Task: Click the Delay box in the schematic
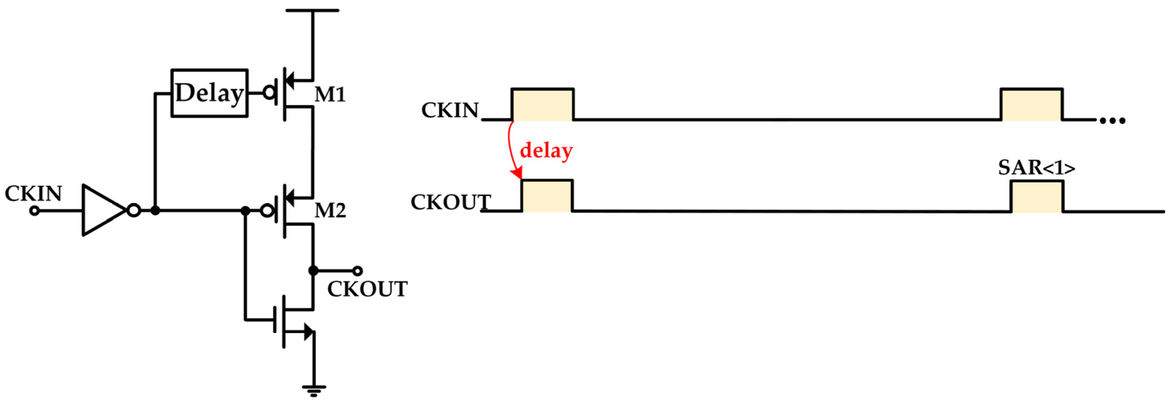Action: (209, 93)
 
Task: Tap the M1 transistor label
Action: (330, 95)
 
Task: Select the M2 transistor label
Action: (330, 210)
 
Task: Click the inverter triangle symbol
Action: (103, 210)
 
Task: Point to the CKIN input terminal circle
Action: (35, 211)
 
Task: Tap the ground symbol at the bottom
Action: (314, 390)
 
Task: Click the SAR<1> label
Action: (1037, 168)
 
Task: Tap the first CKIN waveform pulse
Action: (542, 104)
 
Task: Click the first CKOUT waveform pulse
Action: (547, 196)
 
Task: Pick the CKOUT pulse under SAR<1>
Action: (1037, 197)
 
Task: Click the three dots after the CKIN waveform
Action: (1112, 121)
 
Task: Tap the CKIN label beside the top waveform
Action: (450, 110)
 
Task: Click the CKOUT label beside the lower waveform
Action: (450, 202)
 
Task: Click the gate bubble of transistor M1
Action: (270, 93)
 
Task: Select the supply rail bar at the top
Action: (312, 10)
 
